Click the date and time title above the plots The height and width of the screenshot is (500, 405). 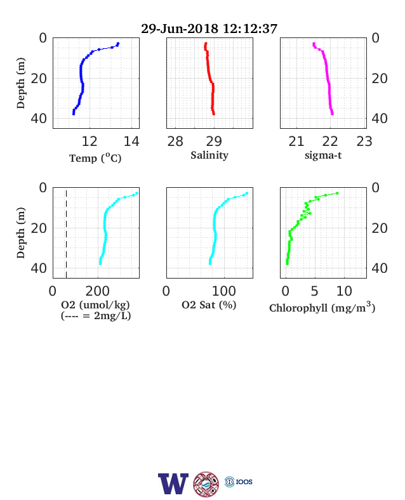coord(209,29)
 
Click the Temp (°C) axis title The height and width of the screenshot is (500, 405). coord(95,158)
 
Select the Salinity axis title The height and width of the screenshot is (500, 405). coord(209,155)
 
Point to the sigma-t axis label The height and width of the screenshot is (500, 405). coord(323,155)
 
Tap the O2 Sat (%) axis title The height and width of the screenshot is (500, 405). coord(209,305)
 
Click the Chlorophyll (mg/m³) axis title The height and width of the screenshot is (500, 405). coord(322,307)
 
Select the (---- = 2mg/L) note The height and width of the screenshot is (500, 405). coord(96,316)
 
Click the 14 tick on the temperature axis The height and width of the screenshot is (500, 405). coord(131,141)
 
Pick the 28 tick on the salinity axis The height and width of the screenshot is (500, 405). coord(175,141)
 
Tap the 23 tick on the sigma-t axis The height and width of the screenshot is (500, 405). coord(364,141)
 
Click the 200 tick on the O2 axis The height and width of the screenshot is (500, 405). coord(98,291)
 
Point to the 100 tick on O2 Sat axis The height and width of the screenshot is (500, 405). coord(224,291)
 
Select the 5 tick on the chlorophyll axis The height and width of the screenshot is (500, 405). coord(314,291)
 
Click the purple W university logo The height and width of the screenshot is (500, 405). coord(173,484)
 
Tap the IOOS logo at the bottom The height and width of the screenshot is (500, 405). coord(239,482)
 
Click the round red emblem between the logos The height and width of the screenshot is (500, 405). coord(206,484)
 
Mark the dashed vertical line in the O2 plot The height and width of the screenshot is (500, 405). coord(66,233)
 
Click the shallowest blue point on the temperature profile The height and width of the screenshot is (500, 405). coord(118,44)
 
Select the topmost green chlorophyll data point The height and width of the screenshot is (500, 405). coord(337,194)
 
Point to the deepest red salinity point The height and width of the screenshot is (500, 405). coord(214,114)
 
